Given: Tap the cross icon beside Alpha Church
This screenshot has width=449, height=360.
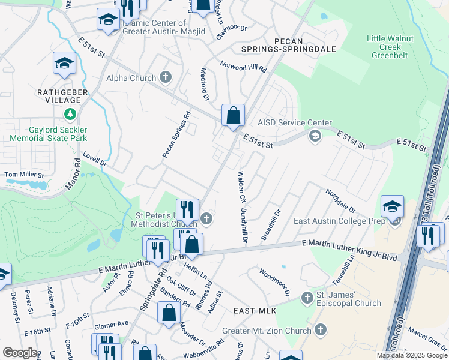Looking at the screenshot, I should pyautogui.click(x=166, y=77).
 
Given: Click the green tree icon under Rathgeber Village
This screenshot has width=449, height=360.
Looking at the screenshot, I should pyautogui.click(x=71, y=114).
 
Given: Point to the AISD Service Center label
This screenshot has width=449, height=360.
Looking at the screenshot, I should pyautogui.click(x=294, y=123).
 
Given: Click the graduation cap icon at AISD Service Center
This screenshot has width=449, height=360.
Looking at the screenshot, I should pyautogui.click(x=315, y=137).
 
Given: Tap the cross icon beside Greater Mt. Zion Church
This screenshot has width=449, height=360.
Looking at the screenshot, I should pyautogui.click(x=321, y=329).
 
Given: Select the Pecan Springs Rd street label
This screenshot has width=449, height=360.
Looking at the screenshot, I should pyautogui.click(x=176, y=134).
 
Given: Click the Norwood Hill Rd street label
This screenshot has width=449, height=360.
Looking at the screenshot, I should pyautogui.click(x=243, y=66).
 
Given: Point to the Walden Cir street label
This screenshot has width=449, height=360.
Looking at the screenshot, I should pyautogui.click(x=241, y=186).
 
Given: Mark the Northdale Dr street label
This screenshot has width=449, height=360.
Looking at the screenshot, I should pyautogui.click(x=340, y=202).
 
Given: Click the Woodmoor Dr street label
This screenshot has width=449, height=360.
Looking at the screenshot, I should pyautogui.click(x=275, y=282).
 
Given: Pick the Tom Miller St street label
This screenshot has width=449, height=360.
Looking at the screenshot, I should pyautogui.click(x=25, y=175).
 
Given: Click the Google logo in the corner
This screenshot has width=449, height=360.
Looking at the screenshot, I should pyautogui.click(x=20, y=353).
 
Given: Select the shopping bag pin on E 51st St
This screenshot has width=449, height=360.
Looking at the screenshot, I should pyautogui.click(x=233, y=115).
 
